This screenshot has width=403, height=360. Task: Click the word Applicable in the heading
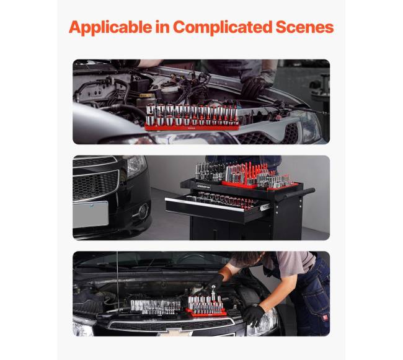click(110, 28)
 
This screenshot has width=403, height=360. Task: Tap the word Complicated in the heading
click(223, 28)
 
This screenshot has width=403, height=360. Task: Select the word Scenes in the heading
click(304, 27)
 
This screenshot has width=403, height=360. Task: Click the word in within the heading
click(162, 27)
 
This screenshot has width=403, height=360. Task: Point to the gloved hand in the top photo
click(254, 85)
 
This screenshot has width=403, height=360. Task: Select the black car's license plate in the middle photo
click(91, 214)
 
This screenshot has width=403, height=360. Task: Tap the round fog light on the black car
click(143, 211)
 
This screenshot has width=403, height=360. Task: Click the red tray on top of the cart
click(260, 185)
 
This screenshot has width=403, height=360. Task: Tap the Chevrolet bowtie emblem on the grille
click(175, 333)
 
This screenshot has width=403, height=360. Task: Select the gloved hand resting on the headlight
click(253, 315)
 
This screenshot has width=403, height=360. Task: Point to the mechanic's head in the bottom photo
click(248, 260)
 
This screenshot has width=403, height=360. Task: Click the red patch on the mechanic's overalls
click(325, 318)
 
